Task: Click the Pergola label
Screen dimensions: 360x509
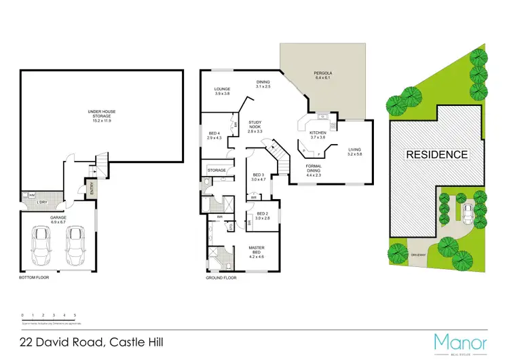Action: pos(322,75)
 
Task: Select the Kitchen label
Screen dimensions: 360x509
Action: pos(318,134)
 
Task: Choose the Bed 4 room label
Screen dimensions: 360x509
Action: pos(214,135)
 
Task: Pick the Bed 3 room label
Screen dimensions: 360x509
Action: pos(259,178)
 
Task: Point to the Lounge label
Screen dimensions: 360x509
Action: pos(223,91)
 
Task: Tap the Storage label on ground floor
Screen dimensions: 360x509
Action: pos(216,170)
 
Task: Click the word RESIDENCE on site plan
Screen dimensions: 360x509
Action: pos(436,154)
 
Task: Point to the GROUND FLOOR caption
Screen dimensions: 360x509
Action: pos(221,278)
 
